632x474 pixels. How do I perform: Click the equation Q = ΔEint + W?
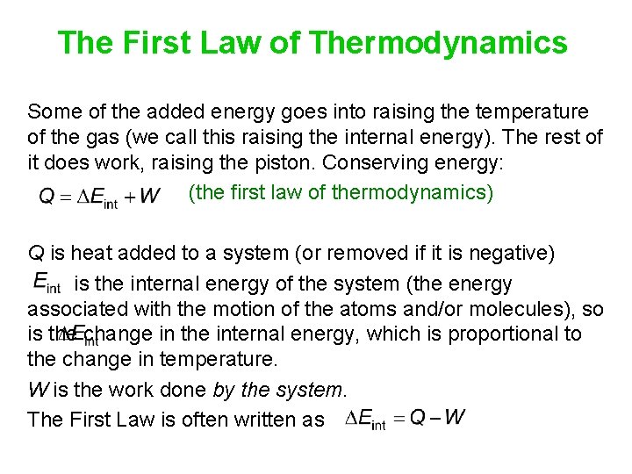pyautogui.click(x=99, y=196)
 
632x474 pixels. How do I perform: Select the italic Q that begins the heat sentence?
pyautogui.click(x=36, y=255)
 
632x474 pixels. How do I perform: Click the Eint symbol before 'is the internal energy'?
pyautogui.click(x=47, y=283)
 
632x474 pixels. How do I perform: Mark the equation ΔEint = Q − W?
pyautogui.click(x=405, y=420)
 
